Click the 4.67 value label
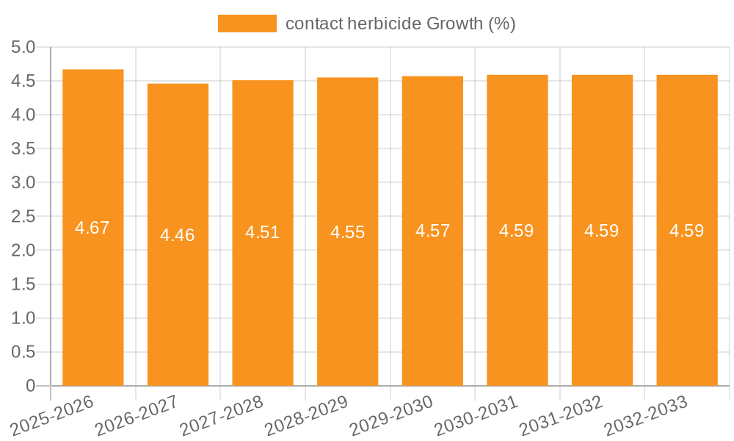92,228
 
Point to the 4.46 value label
178,235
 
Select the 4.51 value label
263,232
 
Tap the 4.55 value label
347,232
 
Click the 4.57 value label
432,231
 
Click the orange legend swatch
247,24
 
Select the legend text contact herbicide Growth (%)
401,24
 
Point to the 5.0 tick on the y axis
23,48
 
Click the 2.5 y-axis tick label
23,217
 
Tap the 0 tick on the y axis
30,386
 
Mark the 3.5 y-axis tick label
23,149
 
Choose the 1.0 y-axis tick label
23,318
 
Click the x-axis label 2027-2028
222,416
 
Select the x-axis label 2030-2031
476,416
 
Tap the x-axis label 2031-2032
561,416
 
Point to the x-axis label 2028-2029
306,416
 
